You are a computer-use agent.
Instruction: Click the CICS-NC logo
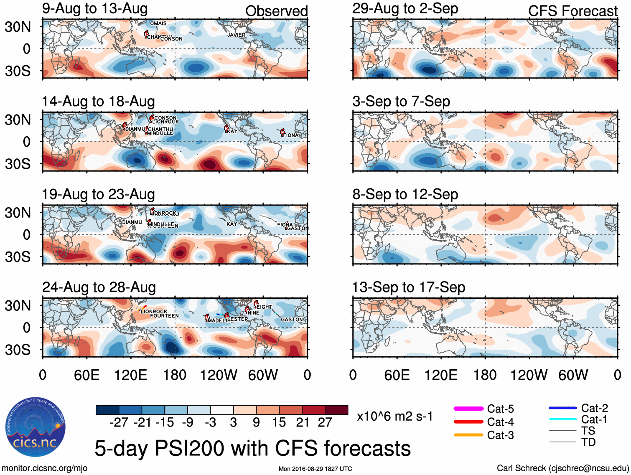(x=35, y=427)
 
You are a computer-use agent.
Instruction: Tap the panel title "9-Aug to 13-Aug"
(x=95, y=8)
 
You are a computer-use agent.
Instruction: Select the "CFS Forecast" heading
(x=572, y=11)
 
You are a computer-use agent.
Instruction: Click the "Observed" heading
(x=276, y=11)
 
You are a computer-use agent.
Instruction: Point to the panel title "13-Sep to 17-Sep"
(x=409, y=287)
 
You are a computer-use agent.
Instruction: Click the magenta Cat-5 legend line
(x=468, y=409)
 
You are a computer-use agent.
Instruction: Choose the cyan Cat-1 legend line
(x=562, y=419)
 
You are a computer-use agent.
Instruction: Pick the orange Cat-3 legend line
(x=468, y=435)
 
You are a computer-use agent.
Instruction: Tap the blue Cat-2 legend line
(x=562, y=408)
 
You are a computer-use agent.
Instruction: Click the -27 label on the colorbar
(x=119, y=422)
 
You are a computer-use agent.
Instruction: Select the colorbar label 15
(x=279, y=422)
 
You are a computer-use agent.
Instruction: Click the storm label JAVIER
(x=236, y=35)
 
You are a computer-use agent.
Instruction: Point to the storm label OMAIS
(x=158, y=23)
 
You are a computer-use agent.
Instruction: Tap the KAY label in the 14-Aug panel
(x=232, y=131)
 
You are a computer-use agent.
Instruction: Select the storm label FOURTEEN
(x=164, y=316)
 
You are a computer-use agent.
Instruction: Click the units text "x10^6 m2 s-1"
(x=394, y=417)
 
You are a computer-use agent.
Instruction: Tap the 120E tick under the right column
(x=441, y=375)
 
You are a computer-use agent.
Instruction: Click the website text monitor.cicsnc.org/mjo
(x=44, y=468)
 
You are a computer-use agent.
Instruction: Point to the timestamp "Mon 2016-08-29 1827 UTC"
(x=315, y=469)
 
